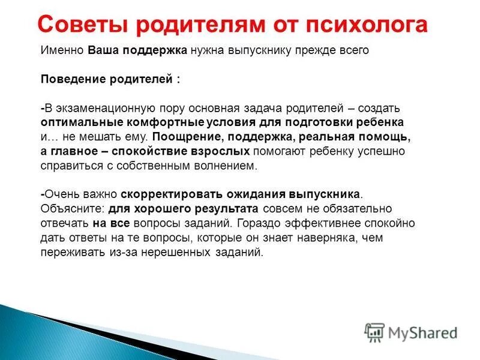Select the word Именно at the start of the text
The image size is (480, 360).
[x=62, y=50]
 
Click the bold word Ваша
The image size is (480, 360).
[x=103, y=50]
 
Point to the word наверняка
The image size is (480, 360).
[x=323, y=238]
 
